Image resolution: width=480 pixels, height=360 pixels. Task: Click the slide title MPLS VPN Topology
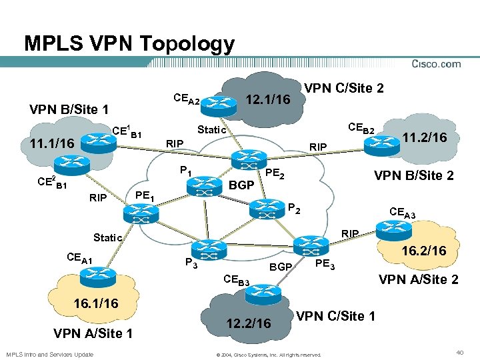[x=129, y=44]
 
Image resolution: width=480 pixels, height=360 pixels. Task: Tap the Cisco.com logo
[x=436, y=64]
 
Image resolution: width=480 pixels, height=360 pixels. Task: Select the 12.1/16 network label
[x=268, y=99]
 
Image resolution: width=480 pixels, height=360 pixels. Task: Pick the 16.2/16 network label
[x=423, y=251]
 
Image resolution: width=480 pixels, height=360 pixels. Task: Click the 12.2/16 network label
[x=248, y=323]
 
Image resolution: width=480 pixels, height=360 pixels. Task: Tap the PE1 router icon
[x=139, y=213]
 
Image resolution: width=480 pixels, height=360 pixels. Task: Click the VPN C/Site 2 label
[x=343, y=88]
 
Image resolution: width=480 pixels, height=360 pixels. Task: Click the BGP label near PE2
[x=241, y=184]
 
